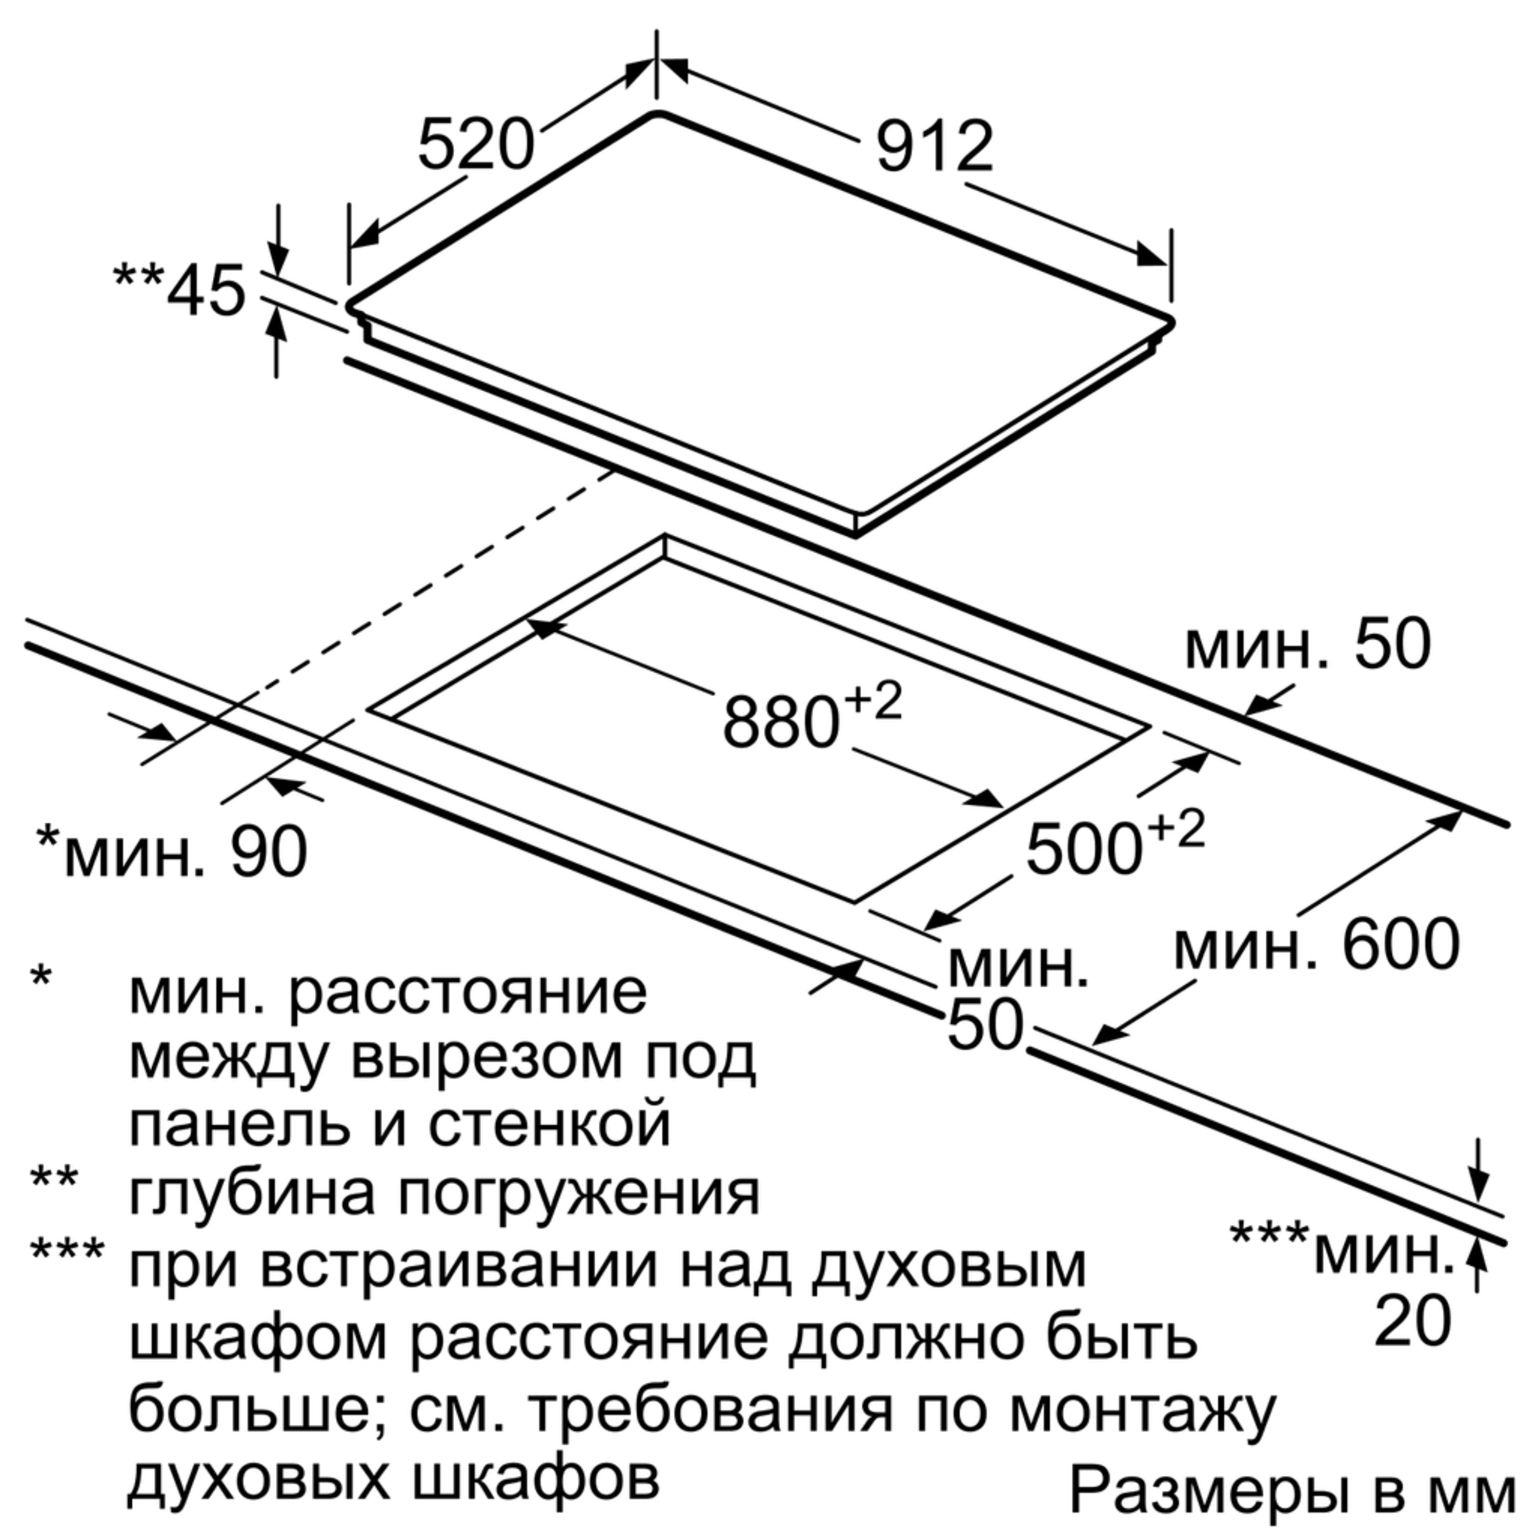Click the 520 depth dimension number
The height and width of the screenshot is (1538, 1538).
(475, 145)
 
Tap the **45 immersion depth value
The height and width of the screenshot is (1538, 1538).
(206, 291)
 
